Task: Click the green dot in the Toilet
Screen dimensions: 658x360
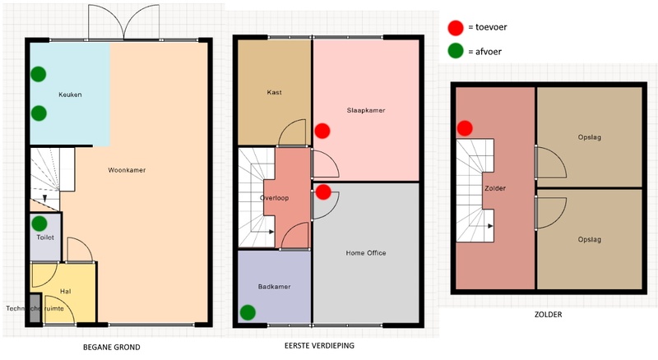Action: [39, 224]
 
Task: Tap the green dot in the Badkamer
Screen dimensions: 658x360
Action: [248, 312]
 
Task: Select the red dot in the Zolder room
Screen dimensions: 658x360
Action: [465, 128]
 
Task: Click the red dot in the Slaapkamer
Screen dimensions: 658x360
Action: [322, 131]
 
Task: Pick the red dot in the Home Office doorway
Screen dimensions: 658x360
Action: [323, 192]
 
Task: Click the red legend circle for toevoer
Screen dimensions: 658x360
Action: [456, 28]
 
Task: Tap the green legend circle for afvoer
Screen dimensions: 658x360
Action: [456, 51]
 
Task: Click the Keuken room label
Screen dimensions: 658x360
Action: [70, 95]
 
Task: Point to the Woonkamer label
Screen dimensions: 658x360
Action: [127, 170]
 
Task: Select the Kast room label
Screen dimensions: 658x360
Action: [274, 92]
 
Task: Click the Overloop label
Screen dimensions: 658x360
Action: [275, 198]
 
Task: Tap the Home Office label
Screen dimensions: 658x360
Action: [366, 253]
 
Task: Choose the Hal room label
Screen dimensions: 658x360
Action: [66, 291]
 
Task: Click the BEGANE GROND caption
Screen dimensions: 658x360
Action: [112, 348]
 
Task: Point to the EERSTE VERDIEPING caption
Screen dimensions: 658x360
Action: [319, 346]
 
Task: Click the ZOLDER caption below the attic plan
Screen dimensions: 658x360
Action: [548, 314]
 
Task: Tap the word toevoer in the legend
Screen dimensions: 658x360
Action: [491, 27]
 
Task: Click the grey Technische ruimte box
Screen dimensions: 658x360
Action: [35, 308]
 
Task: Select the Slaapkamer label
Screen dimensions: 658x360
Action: [366, 110]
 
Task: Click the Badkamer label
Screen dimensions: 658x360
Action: [275, 287]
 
